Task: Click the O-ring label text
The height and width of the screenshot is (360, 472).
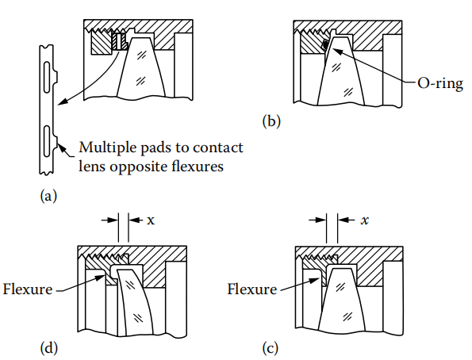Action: [x=440, y=83]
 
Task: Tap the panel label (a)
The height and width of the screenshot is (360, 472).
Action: [x=48, y=196]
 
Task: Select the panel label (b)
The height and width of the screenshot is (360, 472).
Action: [x=271, y=121]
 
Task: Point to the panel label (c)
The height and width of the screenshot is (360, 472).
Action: [x=271, y=349]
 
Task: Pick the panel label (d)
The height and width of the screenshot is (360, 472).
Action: [x=48, y=348]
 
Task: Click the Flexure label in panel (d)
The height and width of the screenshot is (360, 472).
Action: [x=28, y=289]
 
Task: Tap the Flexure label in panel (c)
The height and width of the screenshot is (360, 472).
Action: [x=252, y=289]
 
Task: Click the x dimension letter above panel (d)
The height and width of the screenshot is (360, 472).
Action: [x=151, y=220]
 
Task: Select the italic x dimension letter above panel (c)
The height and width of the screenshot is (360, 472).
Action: [x=365, y=220]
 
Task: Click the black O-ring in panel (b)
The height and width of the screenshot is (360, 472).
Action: [x=324, y=44]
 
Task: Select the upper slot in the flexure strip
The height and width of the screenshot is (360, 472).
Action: [x=48, y=77]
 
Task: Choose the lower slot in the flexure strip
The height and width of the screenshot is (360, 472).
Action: [x=47, y=141]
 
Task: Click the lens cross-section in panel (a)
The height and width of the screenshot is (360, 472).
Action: [x=142, y=68]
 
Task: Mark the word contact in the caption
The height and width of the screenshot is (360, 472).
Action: [x=217, y=147]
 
